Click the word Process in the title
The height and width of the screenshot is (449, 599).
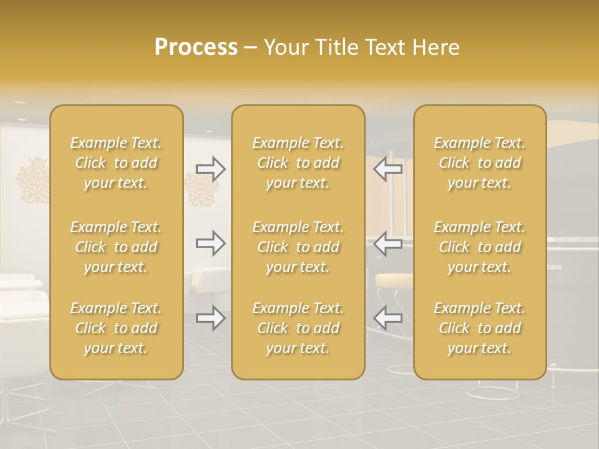pyautogui.click(x=196, y=47)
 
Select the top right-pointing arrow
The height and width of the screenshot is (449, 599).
pyautogui.click(x=211, y=168)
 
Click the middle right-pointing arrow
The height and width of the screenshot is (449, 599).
pyautogui.click(x=211, y=243)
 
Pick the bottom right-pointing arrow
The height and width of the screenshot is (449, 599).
pyautogui.click(x=211, y=318)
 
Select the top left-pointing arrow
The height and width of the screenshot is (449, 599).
pyautogui.click(x=387, y=168)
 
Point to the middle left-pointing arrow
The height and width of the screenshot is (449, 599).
pyautogui.click(x=387, y=243)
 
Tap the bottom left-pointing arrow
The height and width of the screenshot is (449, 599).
pyautogui.click(x=387, y=318)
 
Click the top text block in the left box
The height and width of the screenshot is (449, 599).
pyautogui.click(x=116, y=163)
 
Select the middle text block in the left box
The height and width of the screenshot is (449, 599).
pyautogui.click(x=116, y=247)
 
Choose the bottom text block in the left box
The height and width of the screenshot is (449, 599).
pyautogui.click(x=116, y=328)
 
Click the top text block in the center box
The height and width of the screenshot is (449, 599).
pyautogui.click(x=298, y=163)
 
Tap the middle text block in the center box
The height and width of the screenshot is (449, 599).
pyautogui.click(x=298, y=247)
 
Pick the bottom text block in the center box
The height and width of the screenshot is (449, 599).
pyautogui.click(x=298, y=328)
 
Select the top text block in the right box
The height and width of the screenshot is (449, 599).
pyautogui.click(x=479, y=163)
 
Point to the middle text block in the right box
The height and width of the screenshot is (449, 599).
pyautogui.click(x=479, y=247)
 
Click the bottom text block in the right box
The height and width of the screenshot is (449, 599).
pyautogui.click(x=479, y=328)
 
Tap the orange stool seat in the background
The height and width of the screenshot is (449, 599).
pyautogui.click(x=393, y=281)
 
